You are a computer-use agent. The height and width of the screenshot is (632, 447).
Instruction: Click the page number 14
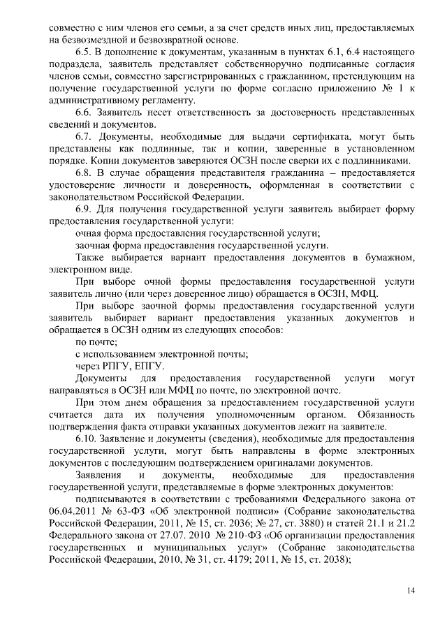[411, 591]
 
